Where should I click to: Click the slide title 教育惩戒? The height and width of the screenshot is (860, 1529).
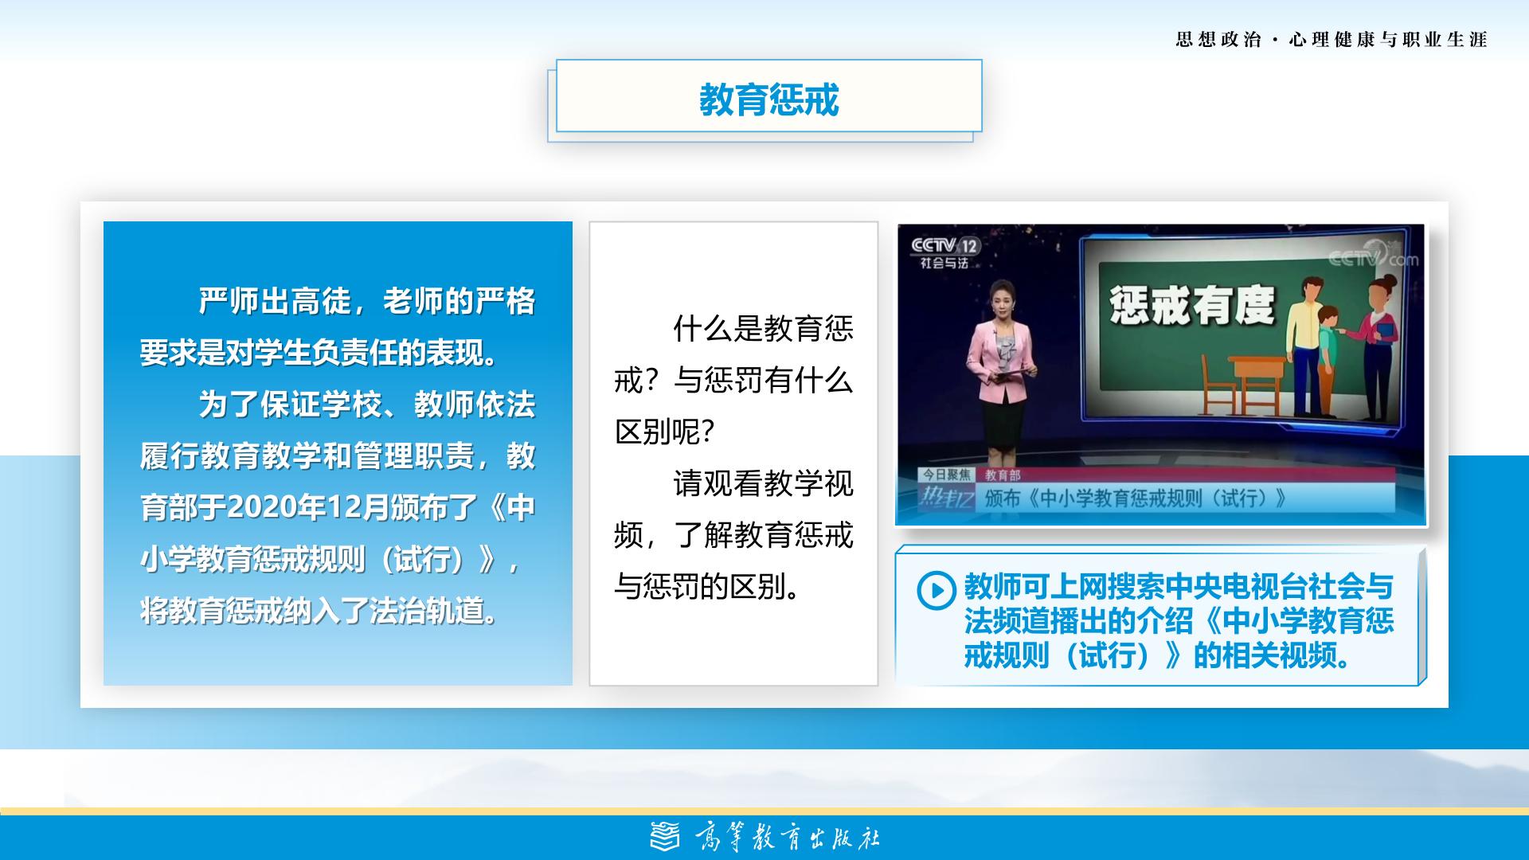(x=768, y=100)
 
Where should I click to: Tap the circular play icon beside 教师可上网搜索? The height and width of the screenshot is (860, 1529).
(x=936, y=590)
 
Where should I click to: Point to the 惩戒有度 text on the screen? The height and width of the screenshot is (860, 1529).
(x=1192, y=306)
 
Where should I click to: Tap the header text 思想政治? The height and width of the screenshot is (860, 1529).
(x=1218, y=40)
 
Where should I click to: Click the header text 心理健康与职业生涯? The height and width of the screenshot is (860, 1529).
(x=1388, y=40)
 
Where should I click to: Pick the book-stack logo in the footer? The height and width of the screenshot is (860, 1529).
(x=666, y=837)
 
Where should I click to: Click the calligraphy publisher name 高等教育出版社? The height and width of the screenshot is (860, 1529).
(x=788, y=838)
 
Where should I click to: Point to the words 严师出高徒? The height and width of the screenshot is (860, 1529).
(x=275, y=301)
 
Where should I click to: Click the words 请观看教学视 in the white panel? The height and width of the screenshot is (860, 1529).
(x=763, y=483)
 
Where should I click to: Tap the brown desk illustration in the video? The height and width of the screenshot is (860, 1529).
(x=1257, y=379)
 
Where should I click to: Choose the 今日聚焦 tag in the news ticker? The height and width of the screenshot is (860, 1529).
(x=947, y=475)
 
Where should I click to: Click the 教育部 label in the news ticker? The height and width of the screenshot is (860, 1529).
(x=1003, y=475)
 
